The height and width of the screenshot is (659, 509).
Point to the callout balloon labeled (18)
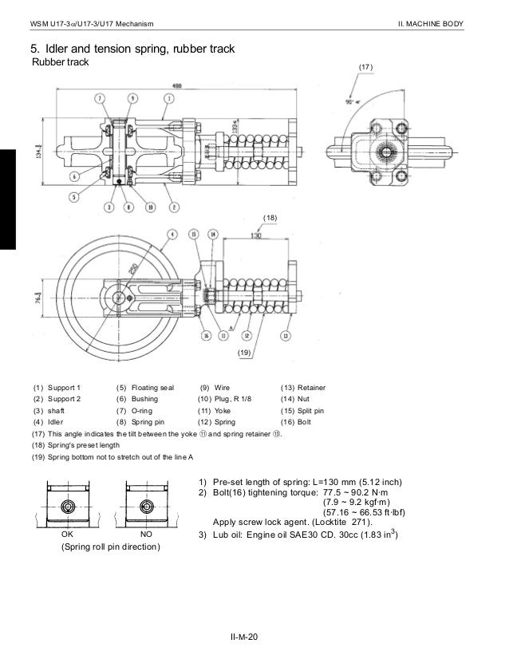point(270,217)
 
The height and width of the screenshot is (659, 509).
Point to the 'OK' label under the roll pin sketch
point(68,532)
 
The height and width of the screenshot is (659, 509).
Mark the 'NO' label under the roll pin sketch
point(146,532)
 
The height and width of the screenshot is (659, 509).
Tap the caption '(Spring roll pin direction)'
point(110,547)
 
